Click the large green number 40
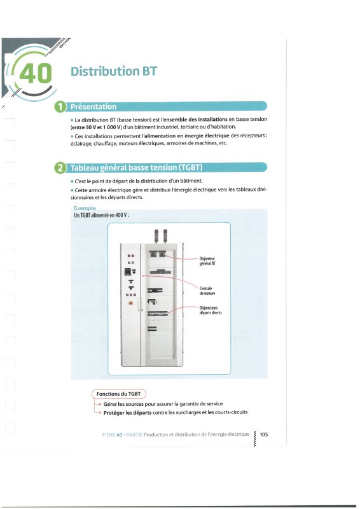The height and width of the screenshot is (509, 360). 36,73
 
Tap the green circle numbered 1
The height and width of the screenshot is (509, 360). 60,107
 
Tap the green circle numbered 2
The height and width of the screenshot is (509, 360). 60,168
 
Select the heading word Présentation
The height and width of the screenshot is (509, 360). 93,106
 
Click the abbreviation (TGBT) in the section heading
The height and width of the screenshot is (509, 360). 190,167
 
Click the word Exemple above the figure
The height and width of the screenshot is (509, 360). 85,208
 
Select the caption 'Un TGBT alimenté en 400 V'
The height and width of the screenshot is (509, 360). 101,215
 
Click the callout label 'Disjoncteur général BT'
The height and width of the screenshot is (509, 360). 207,261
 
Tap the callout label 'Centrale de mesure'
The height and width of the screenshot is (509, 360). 207,291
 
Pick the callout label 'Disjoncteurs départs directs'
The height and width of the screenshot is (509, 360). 211,310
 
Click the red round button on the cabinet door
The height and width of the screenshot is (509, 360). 131,303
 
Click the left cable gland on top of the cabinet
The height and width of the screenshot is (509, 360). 156,235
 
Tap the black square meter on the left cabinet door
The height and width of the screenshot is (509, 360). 128,272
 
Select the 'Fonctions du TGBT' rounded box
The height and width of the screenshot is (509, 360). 119,394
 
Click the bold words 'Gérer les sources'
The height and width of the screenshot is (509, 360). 123,404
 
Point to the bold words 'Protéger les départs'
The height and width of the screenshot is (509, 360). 128,412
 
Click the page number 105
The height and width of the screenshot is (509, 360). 264,435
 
